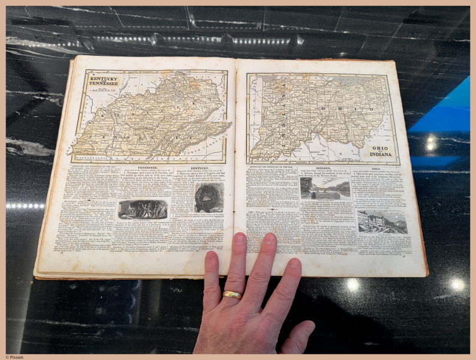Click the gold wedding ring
(x=232, y=295)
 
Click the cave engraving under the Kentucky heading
(x=209, y=197)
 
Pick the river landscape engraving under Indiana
(x=325, y=188)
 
